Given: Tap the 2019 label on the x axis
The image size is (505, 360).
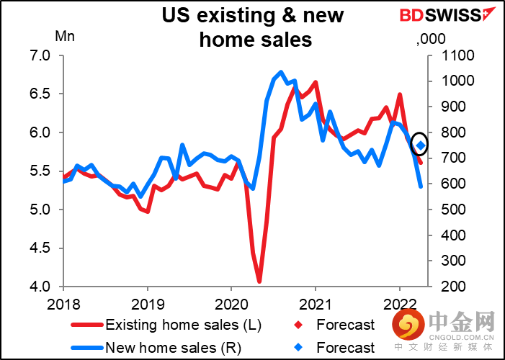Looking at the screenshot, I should click(146, 304).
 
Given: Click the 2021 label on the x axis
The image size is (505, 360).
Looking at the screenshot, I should click(316, 304).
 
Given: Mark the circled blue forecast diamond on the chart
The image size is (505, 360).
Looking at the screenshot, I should click(421, 145).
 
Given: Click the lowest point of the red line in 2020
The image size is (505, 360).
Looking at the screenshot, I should click(259, 281).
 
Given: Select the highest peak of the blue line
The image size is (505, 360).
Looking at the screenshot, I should click(280, 72).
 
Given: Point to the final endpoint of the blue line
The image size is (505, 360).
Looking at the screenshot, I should click(421, 186).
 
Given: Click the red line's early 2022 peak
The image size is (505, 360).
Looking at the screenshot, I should click(400, 94).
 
